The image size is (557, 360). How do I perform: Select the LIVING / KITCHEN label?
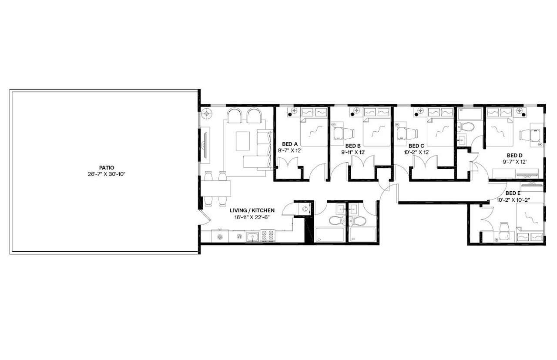point(252,210)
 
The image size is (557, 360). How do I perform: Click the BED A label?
point(290,144)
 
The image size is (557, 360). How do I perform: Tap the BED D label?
point(514,155)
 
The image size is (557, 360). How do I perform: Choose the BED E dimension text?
point(513,200)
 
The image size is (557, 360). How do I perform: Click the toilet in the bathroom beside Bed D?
point(466,128)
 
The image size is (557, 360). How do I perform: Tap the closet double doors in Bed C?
point(425,164)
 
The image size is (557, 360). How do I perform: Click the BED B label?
point(353,146)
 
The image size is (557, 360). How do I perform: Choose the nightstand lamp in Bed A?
point(293,111)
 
